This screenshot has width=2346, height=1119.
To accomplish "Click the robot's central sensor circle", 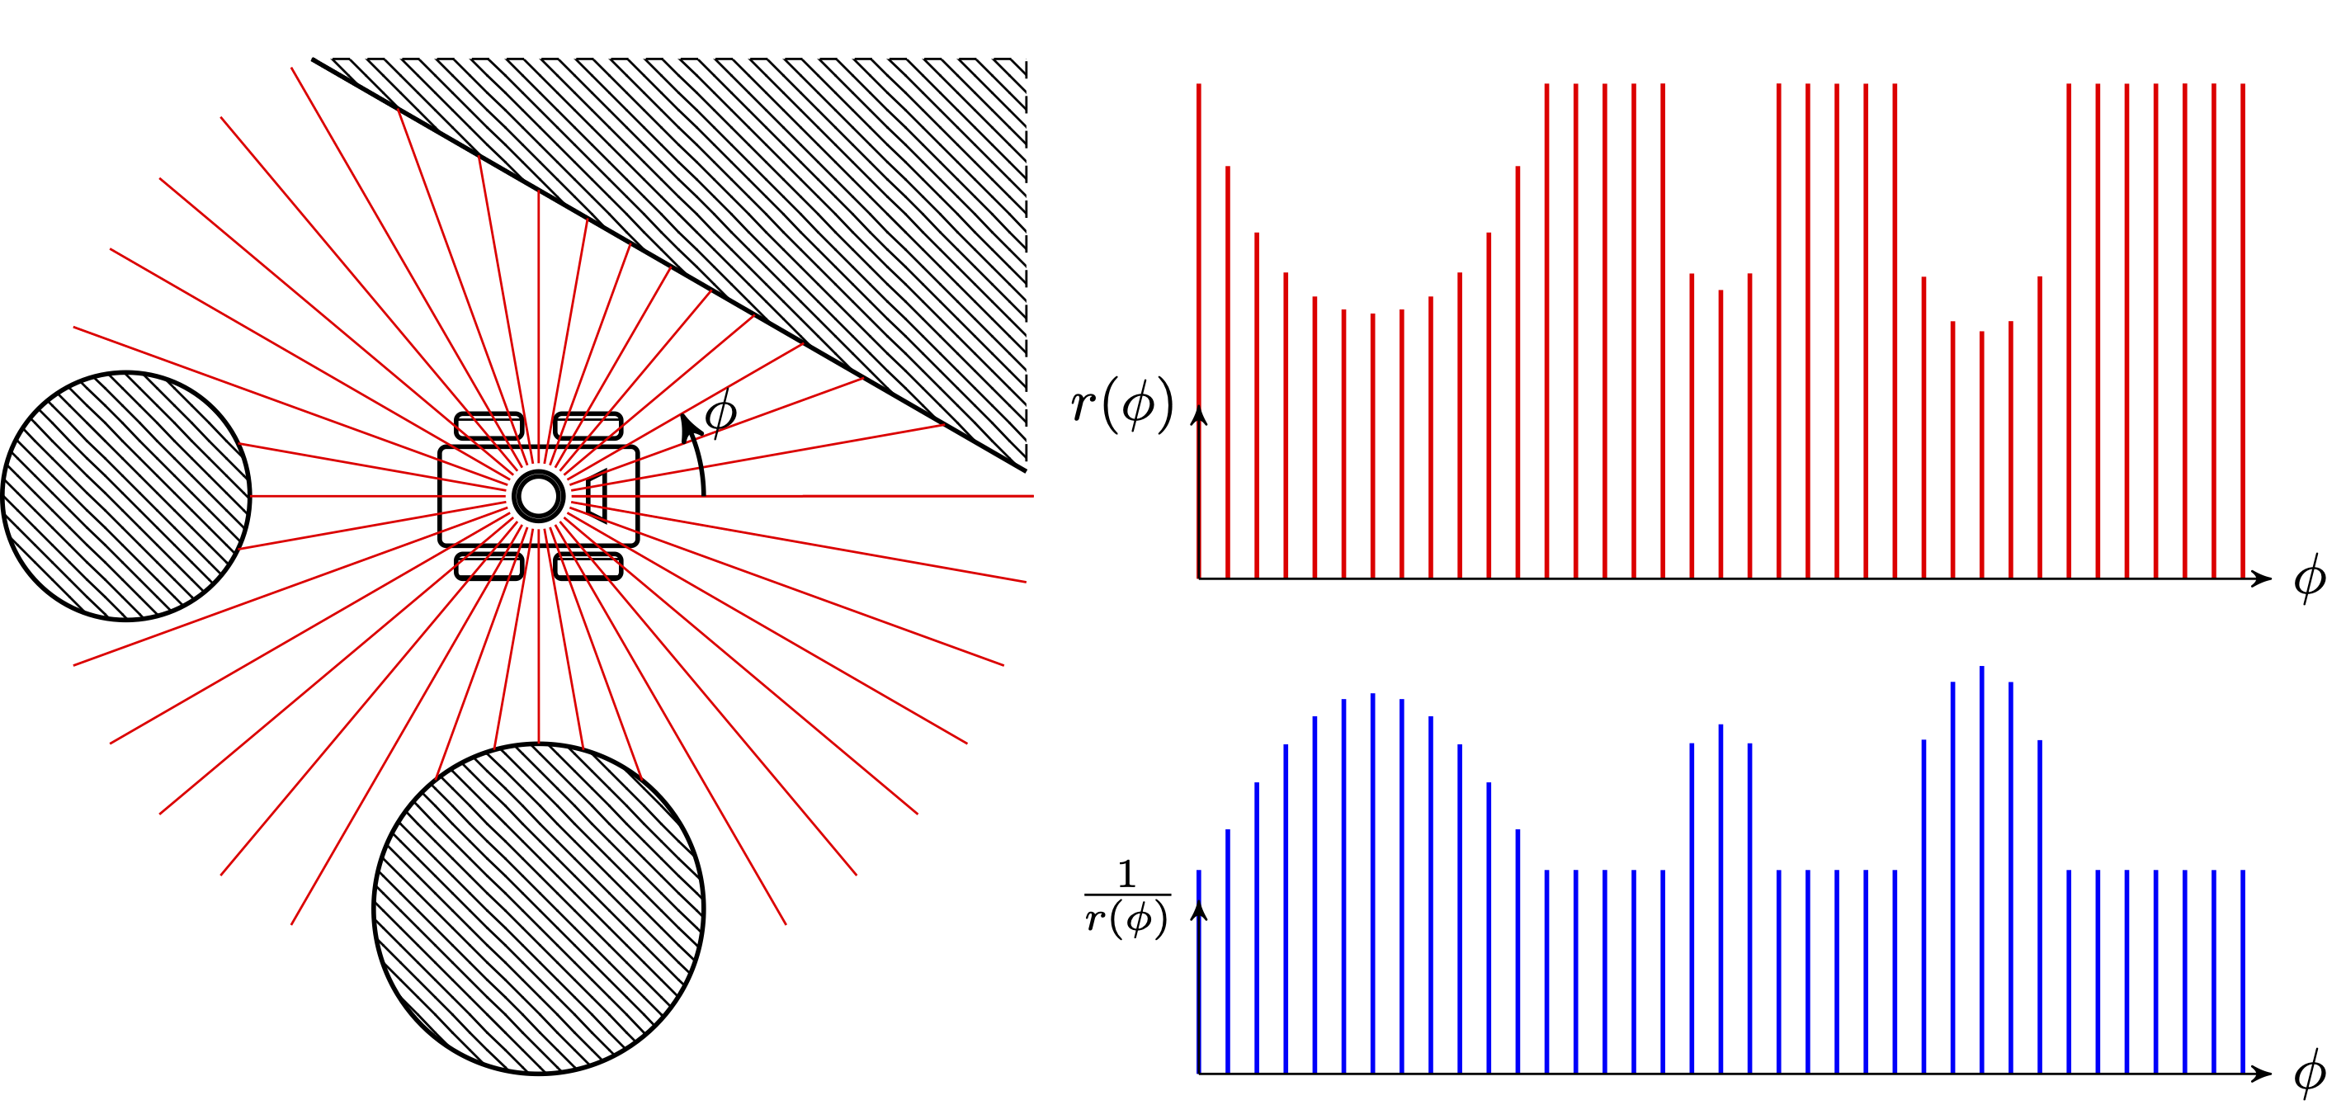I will coord(538,496).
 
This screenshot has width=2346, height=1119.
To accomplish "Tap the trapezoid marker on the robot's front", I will coord(597,496).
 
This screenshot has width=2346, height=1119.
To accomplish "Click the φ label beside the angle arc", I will coord(720,414).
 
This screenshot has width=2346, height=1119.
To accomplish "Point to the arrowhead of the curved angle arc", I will coord(686,423).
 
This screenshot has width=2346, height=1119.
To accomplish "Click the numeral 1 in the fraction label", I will coord(1127,874).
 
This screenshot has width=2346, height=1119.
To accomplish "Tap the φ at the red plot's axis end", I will coord(2310,578).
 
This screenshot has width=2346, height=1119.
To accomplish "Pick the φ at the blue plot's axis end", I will coord(2310,1074).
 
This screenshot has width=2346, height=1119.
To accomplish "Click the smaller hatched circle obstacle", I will coord(126,496).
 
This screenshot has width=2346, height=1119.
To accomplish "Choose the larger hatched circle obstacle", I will coord(538,909).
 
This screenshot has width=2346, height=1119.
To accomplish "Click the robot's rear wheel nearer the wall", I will coord(489,426).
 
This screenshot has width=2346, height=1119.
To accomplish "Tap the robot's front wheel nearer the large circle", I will coord(588,566).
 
